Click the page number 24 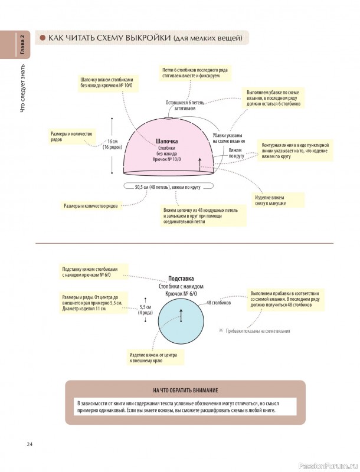29,445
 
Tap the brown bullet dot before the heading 42,38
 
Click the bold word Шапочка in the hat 167,141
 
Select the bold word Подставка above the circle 181,278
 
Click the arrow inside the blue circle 181,315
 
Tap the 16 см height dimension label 113,144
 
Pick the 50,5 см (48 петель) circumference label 168,187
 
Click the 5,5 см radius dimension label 145,310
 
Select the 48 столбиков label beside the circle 218,303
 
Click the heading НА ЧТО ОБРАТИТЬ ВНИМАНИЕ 185,391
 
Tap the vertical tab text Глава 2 23,45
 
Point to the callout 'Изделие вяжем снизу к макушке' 270,201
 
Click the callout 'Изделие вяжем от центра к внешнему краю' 153,358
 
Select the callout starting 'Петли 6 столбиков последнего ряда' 195,73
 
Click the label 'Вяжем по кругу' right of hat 235,153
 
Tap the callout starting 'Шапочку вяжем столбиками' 107,83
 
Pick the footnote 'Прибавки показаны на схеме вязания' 255,331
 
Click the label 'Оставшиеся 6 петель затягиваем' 185,105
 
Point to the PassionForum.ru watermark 329,466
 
